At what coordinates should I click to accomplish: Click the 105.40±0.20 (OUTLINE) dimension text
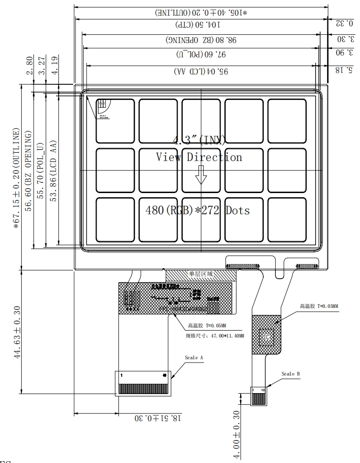201,13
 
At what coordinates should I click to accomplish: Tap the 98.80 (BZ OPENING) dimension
201,40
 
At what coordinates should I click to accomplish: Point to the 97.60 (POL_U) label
201,55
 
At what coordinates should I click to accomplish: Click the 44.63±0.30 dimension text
18,332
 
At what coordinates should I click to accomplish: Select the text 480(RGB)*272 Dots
198,211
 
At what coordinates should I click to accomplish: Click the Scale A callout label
194,358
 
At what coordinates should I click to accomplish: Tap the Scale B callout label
291,373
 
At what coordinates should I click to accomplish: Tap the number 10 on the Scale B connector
263,390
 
